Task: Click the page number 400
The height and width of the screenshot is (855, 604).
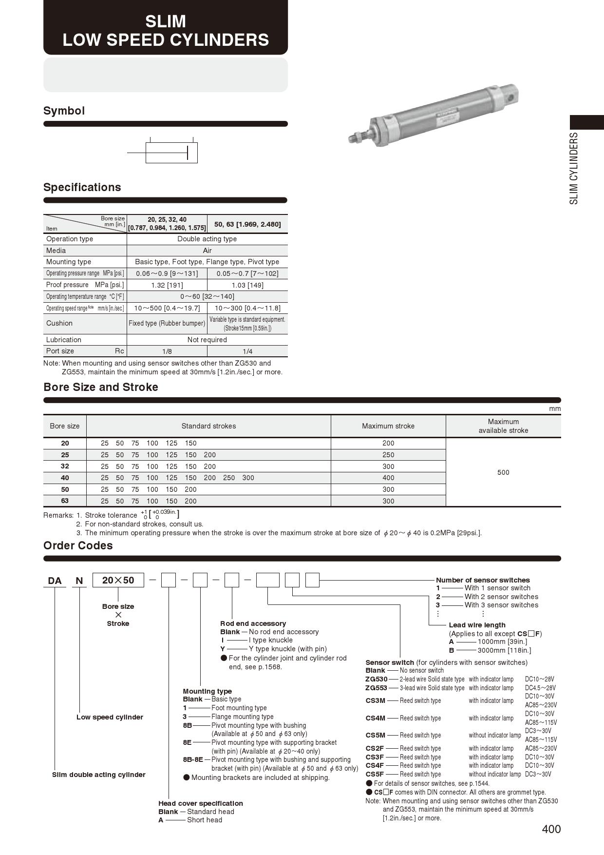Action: click(551, 829)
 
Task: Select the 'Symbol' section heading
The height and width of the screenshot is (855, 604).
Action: click(64, 111)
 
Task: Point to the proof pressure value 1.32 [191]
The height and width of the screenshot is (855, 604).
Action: click(167, 285)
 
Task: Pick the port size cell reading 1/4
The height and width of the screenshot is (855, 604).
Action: click(247, 351)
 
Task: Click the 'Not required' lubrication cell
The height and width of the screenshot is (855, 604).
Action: click(207, 340)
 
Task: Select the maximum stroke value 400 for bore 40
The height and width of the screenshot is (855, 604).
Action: click(388, 478)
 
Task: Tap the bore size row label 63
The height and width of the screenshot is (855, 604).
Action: click(65, 501)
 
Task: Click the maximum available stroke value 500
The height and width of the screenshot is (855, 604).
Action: click(503, 472)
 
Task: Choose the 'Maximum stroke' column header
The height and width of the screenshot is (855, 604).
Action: click(388, 426)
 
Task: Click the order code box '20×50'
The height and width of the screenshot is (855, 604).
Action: click(118, 580)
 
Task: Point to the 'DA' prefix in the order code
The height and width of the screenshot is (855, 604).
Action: click(55, 581)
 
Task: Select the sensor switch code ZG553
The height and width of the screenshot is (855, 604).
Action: click(376, 688)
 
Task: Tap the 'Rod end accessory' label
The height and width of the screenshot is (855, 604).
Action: click(253, 623)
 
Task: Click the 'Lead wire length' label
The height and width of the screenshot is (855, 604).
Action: click(477, 625)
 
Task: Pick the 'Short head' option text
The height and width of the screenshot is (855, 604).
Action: click(205, 820)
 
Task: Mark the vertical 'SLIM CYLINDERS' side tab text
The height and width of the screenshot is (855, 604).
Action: click(574, 168)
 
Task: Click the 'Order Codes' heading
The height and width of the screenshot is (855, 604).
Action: click(78, 545)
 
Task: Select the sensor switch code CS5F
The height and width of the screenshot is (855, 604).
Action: click(375, 774)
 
